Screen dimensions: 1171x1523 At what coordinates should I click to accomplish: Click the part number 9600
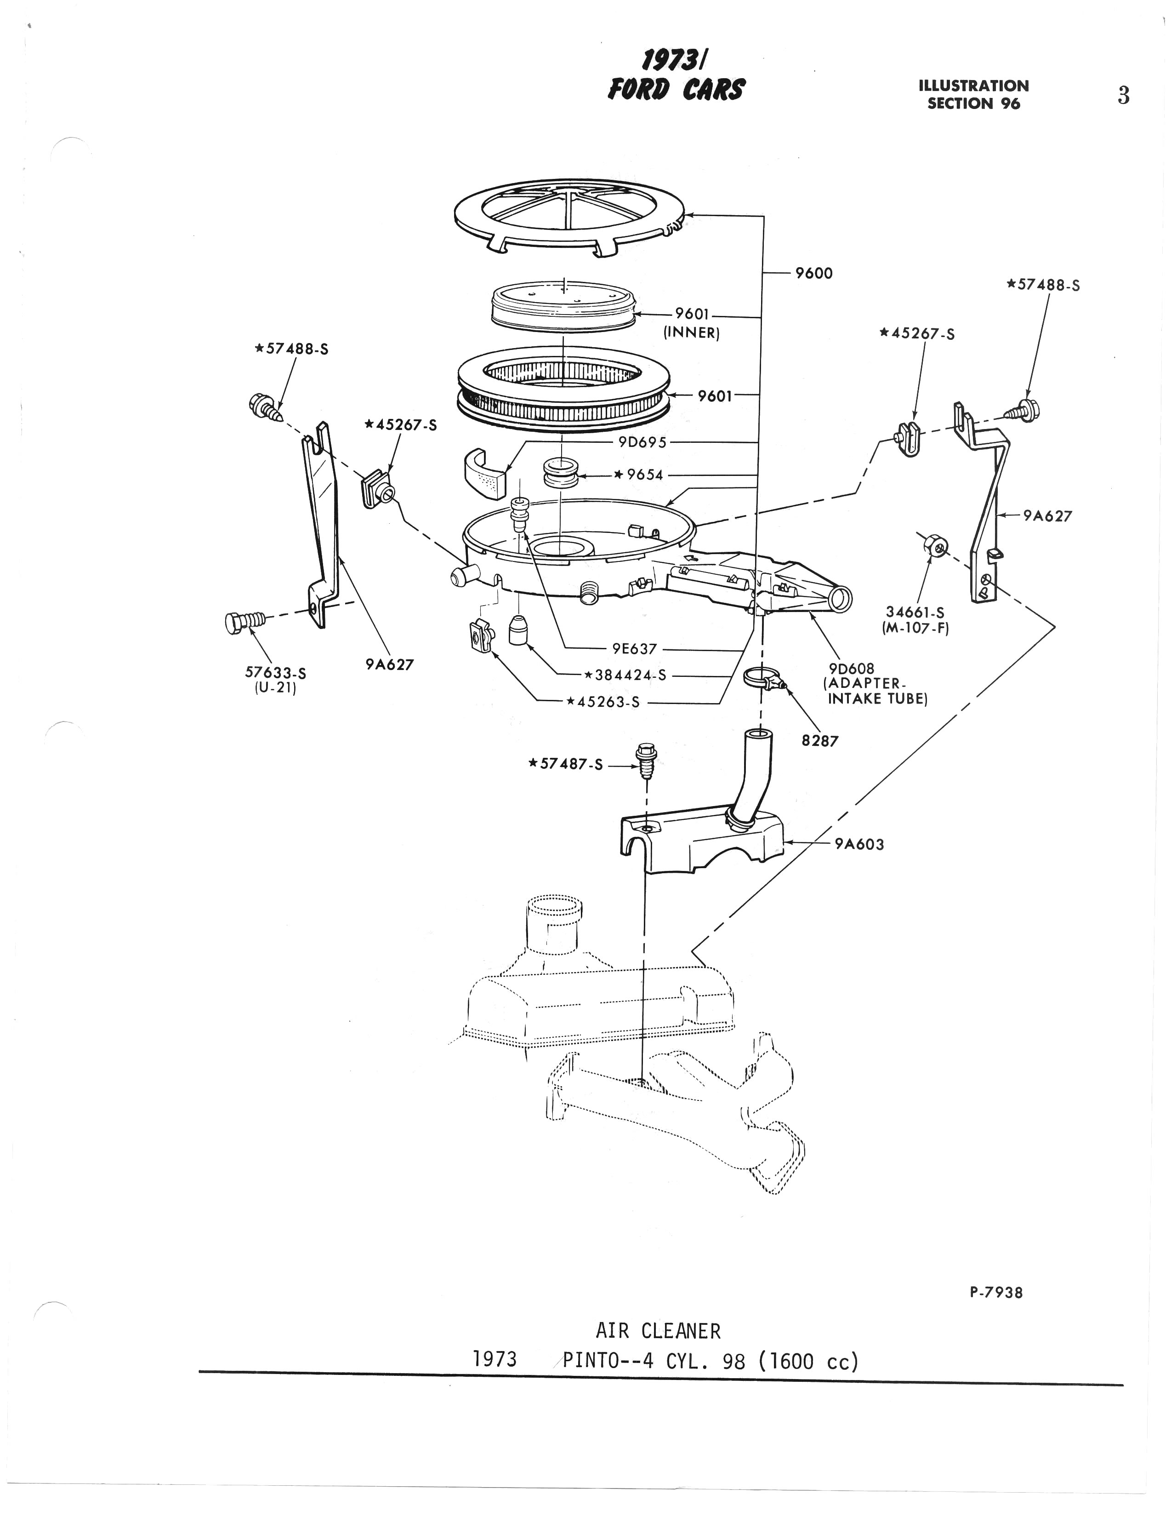[813, 273]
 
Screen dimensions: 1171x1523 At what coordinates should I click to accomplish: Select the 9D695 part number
[642, 442]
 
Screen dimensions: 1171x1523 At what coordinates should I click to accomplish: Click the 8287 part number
[820, 741]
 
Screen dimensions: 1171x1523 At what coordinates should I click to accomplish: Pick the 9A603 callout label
[859, 844]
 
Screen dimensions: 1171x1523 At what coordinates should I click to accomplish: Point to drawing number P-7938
[996, 1292]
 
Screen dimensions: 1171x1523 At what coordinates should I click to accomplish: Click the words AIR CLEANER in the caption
[658, 1331]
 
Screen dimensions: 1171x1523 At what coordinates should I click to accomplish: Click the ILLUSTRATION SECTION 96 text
[974, 95]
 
